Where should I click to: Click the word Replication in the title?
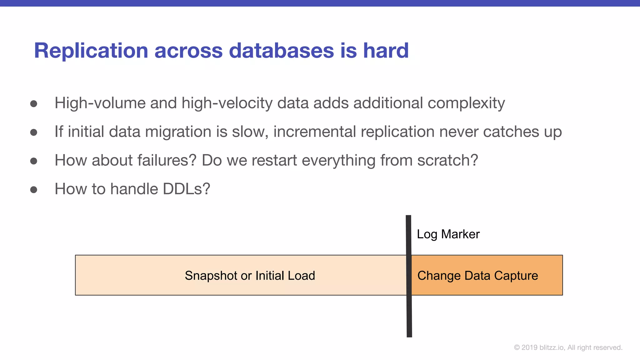(x=91, y=51)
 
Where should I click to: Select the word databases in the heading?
(x=281, y=51)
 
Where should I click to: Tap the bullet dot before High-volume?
(x=34, y=104)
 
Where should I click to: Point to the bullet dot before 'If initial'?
(x=34, y=132)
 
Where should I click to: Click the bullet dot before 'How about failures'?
(x=34, y=161)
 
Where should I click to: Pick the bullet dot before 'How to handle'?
(x=34, y=190)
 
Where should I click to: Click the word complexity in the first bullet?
(x=466, y=103)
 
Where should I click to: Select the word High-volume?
(x=100, y=103)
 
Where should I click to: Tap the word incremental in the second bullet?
(x=314, y=132)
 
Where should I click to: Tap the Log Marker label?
(x=448, y=234)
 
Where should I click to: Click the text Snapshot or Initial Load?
(x=250, y=276)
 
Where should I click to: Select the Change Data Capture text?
(x=477, y=276)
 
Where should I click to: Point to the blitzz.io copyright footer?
(x=568, y=347)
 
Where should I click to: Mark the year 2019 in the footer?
(x=529, y=347)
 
